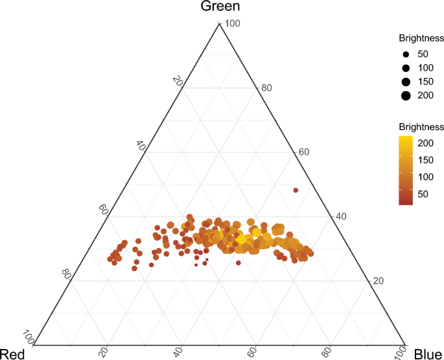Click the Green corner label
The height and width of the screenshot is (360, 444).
coord(220,7)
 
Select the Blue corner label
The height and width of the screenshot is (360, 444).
coord(428,354)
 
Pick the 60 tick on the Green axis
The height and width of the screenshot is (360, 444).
coord(303,152)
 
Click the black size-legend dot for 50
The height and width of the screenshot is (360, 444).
coord(406,54)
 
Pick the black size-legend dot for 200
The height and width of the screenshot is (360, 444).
coord(406,96)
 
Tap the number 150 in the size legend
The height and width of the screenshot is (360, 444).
coord(425,82)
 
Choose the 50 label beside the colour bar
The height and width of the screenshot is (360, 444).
coord(423,194)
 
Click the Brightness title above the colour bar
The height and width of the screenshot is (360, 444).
coord(421,126)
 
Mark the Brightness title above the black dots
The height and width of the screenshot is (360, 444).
coord(421,38)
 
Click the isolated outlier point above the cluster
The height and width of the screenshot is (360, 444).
coord(296,190)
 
